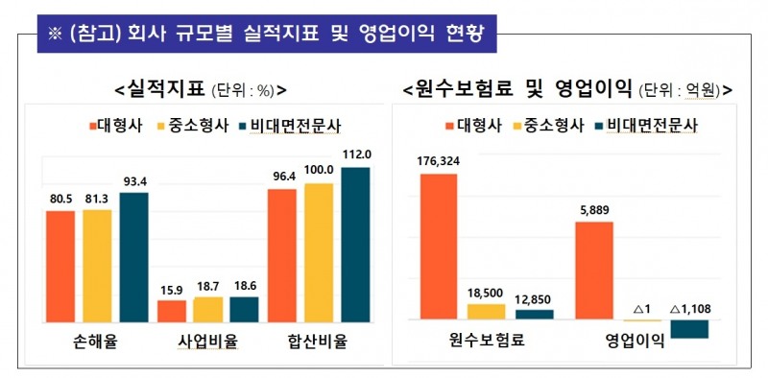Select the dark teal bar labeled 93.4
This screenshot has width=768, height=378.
[133, 257]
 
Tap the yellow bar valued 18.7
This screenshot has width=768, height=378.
[208, 309]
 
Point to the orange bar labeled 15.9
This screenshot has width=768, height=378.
[172, 311]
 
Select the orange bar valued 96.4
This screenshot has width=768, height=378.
[281, 255]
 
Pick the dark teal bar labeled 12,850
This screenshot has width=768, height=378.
[535, 314]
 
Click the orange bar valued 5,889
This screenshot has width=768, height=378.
[593, 271]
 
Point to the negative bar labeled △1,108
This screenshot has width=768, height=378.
[689, 328]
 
